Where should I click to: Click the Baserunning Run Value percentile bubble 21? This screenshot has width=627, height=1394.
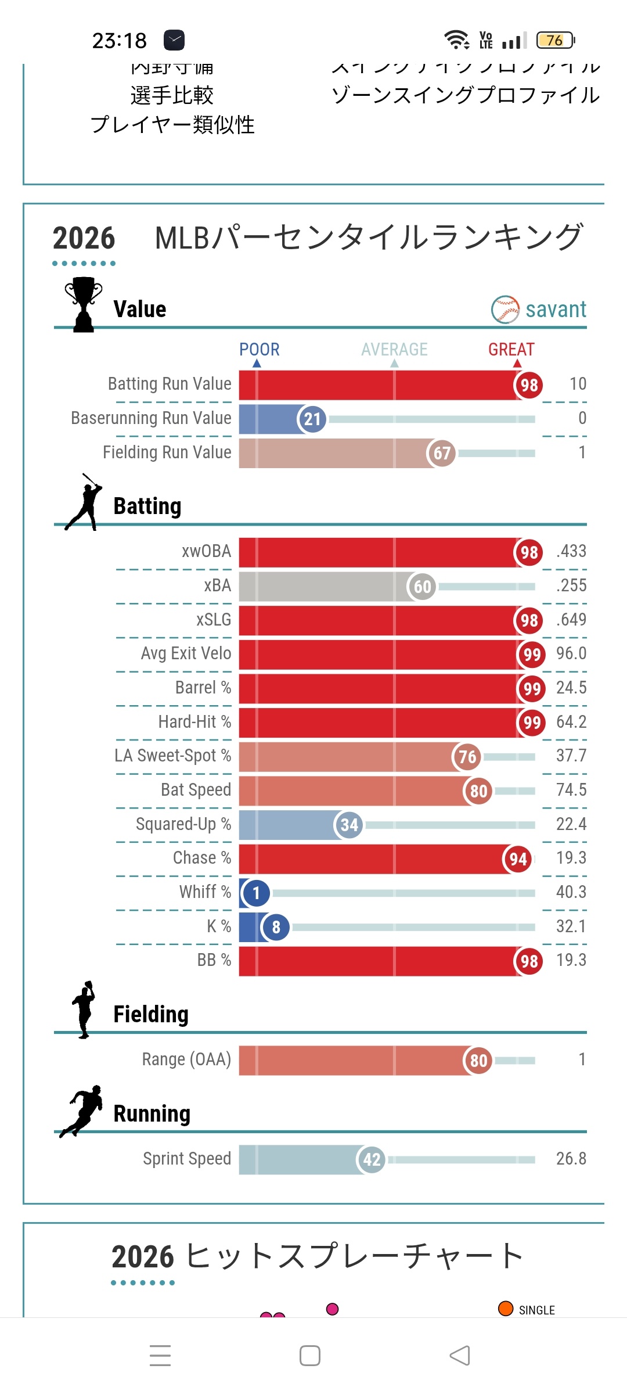(312, 419)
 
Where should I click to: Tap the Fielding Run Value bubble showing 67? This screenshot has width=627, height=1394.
(442, 453)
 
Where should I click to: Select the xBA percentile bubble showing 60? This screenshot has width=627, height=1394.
(422, 586)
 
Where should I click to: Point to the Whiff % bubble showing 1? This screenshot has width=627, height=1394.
(256, 893)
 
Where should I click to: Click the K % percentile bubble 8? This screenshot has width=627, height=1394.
(276, 927)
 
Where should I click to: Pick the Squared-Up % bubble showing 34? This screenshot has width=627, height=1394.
(349, 825)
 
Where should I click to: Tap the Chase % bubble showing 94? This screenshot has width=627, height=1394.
(518, 859)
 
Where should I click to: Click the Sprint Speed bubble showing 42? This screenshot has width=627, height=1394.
(372, 1160)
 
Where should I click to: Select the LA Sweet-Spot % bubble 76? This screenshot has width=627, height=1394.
(467, 757)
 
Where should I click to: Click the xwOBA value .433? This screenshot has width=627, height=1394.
(571, 551)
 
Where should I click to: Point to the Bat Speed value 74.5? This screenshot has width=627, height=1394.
(571, 790)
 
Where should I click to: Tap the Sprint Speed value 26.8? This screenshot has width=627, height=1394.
(571, 1159)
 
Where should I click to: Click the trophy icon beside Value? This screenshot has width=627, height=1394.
(84, 304)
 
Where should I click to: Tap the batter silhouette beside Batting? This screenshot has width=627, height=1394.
(85, 502)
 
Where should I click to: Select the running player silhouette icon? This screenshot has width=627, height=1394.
(83, 1110)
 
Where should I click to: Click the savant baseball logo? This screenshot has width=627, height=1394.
(505, 310)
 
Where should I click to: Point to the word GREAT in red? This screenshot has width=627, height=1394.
(511, 350)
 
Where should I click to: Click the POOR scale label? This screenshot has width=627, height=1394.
(260, 350)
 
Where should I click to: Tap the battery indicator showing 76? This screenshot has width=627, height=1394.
(555, 40)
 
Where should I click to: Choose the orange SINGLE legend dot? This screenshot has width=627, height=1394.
(506, 1309)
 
